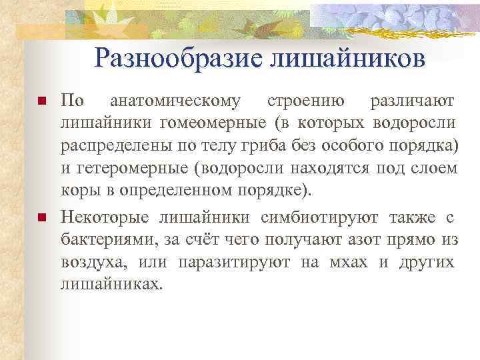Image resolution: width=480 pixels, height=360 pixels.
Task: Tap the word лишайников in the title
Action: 346,58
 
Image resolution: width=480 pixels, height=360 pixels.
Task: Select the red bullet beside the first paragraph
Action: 41,102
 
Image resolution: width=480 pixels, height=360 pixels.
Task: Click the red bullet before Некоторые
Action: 41,217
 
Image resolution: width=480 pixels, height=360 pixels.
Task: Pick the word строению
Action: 305,102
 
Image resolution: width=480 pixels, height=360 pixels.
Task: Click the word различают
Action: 412,102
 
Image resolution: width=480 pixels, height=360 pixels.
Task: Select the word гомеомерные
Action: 209,123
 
